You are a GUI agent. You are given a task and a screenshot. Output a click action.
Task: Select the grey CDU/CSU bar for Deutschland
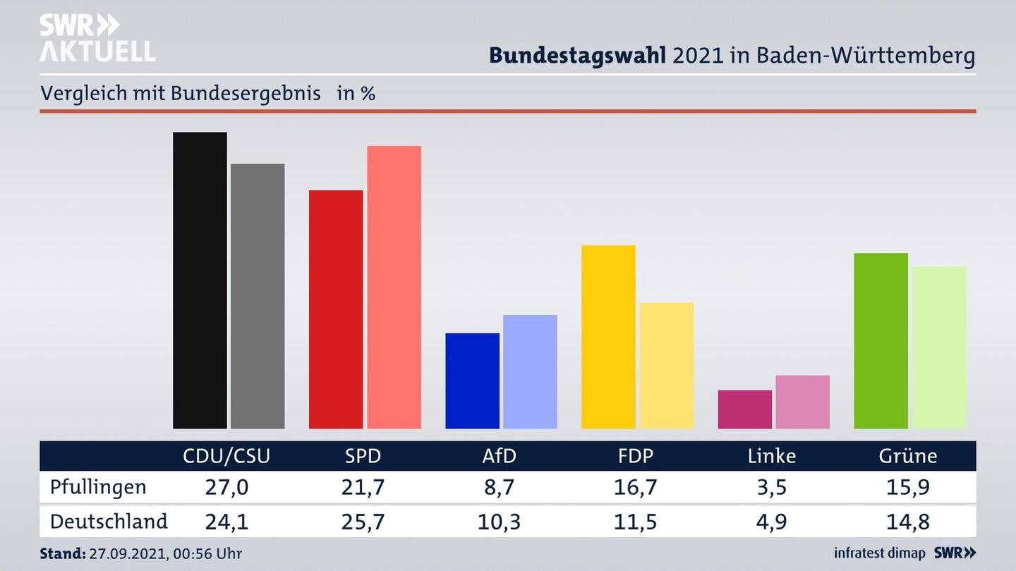coord(258,296)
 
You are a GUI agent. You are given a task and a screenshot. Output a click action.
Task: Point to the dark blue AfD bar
coord(472,380)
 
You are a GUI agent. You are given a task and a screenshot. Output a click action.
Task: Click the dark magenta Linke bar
coord(744,409)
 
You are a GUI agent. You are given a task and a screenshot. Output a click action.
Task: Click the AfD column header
coord(499,456)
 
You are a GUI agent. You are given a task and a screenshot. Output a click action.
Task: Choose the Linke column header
coord(771,456)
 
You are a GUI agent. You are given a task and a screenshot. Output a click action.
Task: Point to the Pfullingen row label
coord(98,487)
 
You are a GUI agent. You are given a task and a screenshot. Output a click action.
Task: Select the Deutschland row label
coord(109,522)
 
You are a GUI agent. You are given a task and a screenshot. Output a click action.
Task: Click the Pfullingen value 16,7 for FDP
coord(636,487)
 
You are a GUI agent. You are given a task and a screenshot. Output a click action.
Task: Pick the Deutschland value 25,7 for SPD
coord(363,522)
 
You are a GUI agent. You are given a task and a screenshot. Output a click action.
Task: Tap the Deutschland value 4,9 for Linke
coord(771,522)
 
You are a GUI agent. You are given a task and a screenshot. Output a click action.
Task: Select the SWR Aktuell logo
coord(97,38)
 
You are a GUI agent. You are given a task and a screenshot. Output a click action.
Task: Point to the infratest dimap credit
coord(880,553)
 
